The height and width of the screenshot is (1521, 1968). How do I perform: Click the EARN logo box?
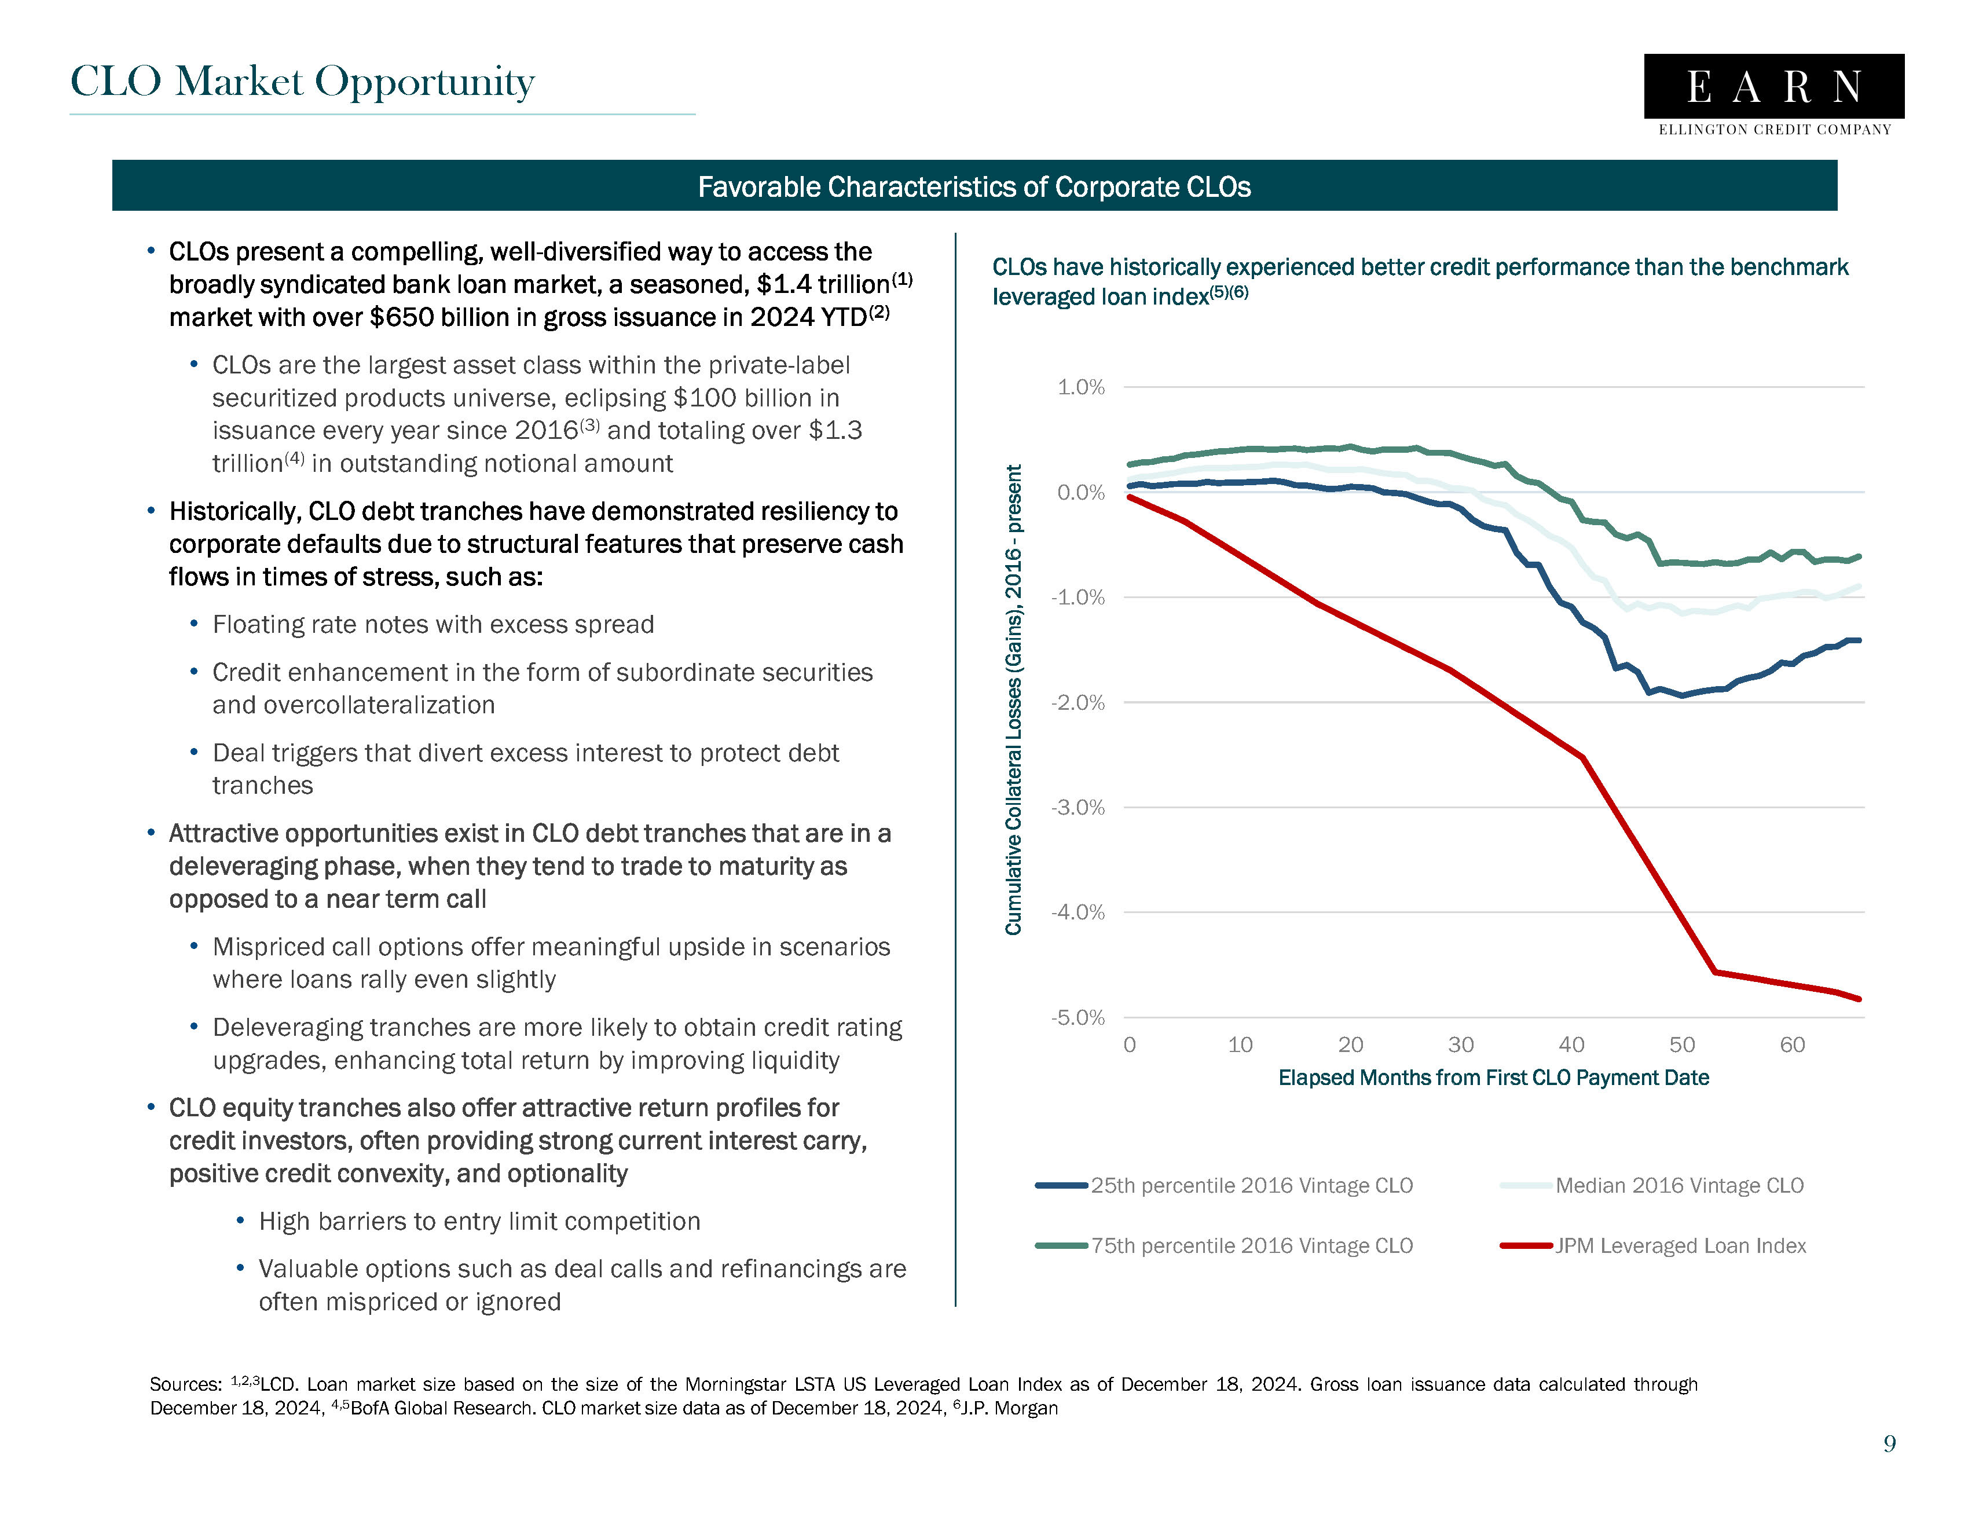(x=1773, y=86)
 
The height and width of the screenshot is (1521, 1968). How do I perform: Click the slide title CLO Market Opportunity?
(x=303, y=82)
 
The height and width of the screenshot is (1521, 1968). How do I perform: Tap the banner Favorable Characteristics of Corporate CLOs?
(x=974, y=186)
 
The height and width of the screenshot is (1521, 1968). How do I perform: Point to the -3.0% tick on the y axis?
(x=1078, y=807)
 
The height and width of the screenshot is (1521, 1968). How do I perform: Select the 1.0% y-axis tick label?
(x=1080, y=387)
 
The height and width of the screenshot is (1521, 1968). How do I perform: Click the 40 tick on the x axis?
(x=1571, y=1044)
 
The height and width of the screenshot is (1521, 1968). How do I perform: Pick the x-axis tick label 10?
(x=1240, y=1044)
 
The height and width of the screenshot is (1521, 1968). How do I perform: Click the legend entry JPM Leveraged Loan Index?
(x=1680, y=1245)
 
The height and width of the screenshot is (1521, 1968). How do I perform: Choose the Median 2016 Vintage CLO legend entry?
(x=1679, y=1186)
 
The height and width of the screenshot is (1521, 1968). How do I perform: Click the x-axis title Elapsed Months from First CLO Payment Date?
(x=1493, y=1077)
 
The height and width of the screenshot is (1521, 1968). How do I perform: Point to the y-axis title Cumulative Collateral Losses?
(x=1014, y=699)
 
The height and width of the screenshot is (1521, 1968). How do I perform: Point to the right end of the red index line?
(x=1858, y=998)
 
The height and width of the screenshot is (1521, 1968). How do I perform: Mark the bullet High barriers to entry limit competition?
(x=479, y=1221)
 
